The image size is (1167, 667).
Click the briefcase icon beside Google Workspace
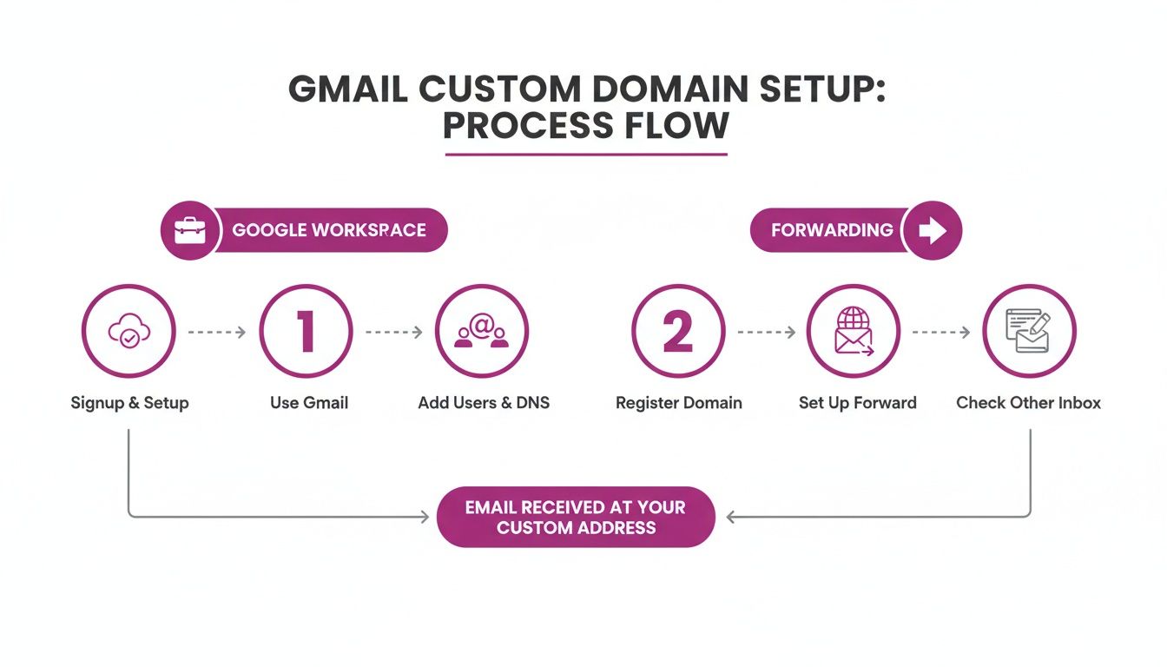(190, 231)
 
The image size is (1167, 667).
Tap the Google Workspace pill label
(329, 231)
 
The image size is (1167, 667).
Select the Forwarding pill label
(832, 230)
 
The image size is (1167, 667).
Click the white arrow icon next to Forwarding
(932, 230)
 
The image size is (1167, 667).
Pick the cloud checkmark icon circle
(129, 332)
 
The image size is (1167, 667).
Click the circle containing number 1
(306, 332)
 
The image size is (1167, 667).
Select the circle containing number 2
(678, 332)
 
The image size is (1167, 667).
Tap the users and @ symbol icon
(481, 332)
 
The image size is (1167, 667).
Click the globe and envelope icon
(853, 332)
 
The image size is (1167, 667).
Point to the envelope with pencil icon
(1029, 332)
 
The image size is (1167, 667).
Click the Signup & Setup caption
(129, 403)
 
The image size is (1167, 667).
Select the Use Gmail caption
(308, 403)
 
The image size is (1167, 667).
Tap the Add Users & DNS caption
(484, 403)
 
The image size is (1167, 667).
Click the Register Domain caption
(678, 403)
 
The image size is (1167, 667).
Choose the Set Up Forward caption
(857, 403)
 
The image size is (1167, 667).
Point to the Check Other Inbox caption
(1028, 403)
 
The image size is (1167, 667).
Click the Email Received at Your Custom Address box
(576, 517)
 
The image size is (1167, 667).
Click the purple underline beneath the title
(586, 155)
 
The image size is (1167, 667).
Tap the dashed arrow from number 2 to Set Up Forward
(766, 332)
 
